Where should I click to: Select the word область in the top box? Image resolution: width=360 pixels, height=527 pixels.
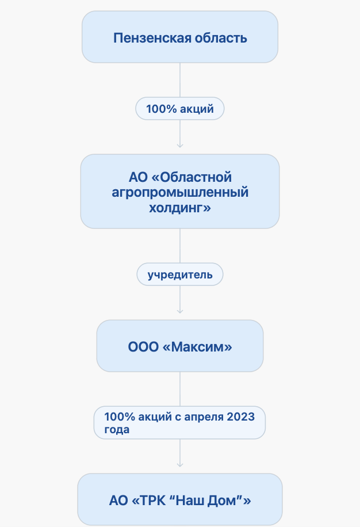pyautogui.click(x=221, y=38)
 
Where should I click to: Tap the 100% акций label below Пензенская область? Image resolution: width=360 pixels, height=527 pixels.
pyautogui.click(x=179, y=109)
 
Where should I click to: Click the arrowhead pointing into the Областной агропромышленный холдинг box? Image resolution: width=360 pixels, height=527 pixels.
pyautogui.click(x=180, y=146)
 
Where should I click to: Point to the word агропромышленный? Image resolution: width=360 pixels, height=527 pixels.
pyautogui.click(x=180, y=193)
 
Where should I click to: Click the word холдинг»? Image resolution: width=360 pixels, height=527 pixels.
pyautogui.click(x=180, y=208)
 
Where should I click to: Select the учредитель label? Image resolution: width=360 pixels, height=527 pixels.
pyautogui.click(x=179, y=274)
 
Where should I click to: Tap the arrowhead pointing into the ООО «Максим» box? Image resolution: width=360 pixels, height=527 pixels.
pyautogui.click(x=180, y=312)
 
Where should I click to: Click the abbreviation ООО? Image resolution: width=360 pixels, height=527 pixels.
pyautogui.click(x=143, y=347)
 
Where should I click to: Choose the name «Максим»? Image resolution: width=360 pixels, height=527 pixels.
pyautogui.click(x=197, y=347)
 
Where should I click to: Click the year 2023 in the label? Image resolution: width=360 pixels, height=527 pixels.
pyautogui.click(x=241, y=417)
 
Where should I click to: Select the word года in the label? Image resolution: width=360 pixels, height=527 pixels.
pyautogui.click(x=117, y=430)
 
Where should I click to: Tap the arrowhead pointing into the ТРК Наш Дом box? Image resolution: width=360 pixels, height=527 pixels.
pyautogui.click(x=180, y=465)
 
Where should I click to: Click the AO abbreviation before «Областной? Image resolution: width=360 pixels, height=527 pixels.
pyautogui.click(x=139, y=177)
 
